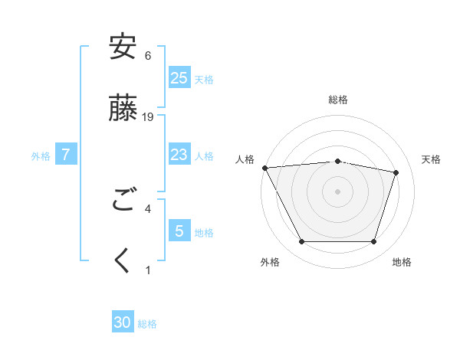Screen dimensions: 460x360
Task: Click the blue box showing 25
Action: click(179, 77)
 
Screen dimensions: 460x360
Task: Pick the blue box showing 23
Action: click(179, 155)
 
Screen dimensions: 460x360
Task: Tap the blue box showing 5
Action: click(179, 231)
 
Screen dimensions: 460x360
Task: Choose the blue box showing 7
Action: click(66, 155)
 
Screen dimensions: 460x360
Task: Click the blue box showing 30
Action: click(123, 322)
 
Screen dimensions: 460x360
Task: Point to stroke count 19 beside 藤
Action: click(148, 116)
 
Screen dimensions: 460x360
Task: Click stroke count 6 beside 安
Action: click(148, 56)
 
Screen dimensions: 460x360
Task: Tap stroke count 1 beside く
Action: click(148, 270)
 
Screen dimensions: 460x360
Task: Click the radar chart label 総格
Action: click(337, 100)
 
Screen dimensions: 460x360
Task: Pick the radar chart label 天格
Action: click(431, 159)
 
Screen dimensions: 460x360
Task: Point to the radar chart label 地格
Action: click(402, 262)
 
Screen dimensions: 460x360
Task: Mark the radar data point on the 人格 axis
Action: click(264, 168)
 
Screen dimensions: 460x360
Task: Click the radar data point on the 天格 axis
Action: click(396, 172)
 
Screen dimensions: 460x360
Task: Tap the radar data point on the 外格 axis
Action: click(301, 242)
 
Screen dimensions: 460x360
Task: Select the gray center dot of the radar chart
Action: click(337, 191)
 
